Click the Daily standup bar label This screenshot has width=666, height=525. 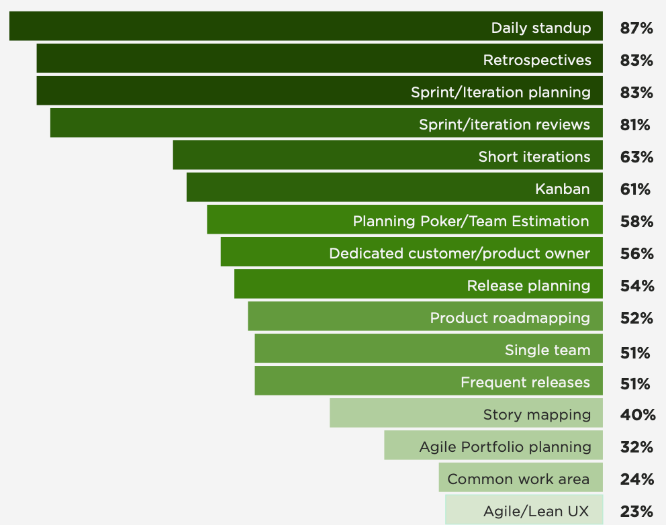[x=541, y=28]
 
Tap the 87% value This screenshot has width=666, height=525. [x=636, y=28]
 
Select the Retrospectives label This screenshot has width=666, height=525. [x=537, y=60]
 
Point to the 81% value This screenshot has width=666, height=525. [x=635, y=125]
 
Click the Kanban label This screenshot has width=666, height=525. [x=563, y=189]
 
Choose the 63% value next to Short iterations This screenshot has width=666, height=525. [x=636, y=157]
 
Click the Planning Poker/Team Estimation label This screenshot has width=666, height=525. [x=471, y=222]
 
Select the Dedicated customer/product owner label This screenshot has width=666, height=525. [x=459, y=254]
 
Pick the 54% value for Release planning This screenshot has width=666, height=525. [x=636, y=286]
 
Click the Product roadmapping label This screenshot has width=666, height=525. [x=510, y=318]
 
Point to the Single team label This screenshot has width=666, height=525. [x=548, y=350]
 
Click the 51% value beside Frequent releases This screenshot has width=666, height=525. [x=635, y=384]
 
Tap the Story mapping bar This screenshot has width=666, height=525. [x=466, y=415]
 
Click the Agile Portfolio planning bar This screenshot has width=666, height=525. [x=493, y=446]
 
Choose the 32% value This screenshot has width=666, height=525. [x=636, y=447]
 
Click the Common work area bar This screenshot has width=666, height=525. [x=520, y=479]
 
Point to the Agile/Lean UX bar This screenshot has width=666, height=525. [x=524, y=510]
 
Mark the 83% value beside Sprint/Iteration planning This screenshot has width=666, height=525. [x=636, y=93]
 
